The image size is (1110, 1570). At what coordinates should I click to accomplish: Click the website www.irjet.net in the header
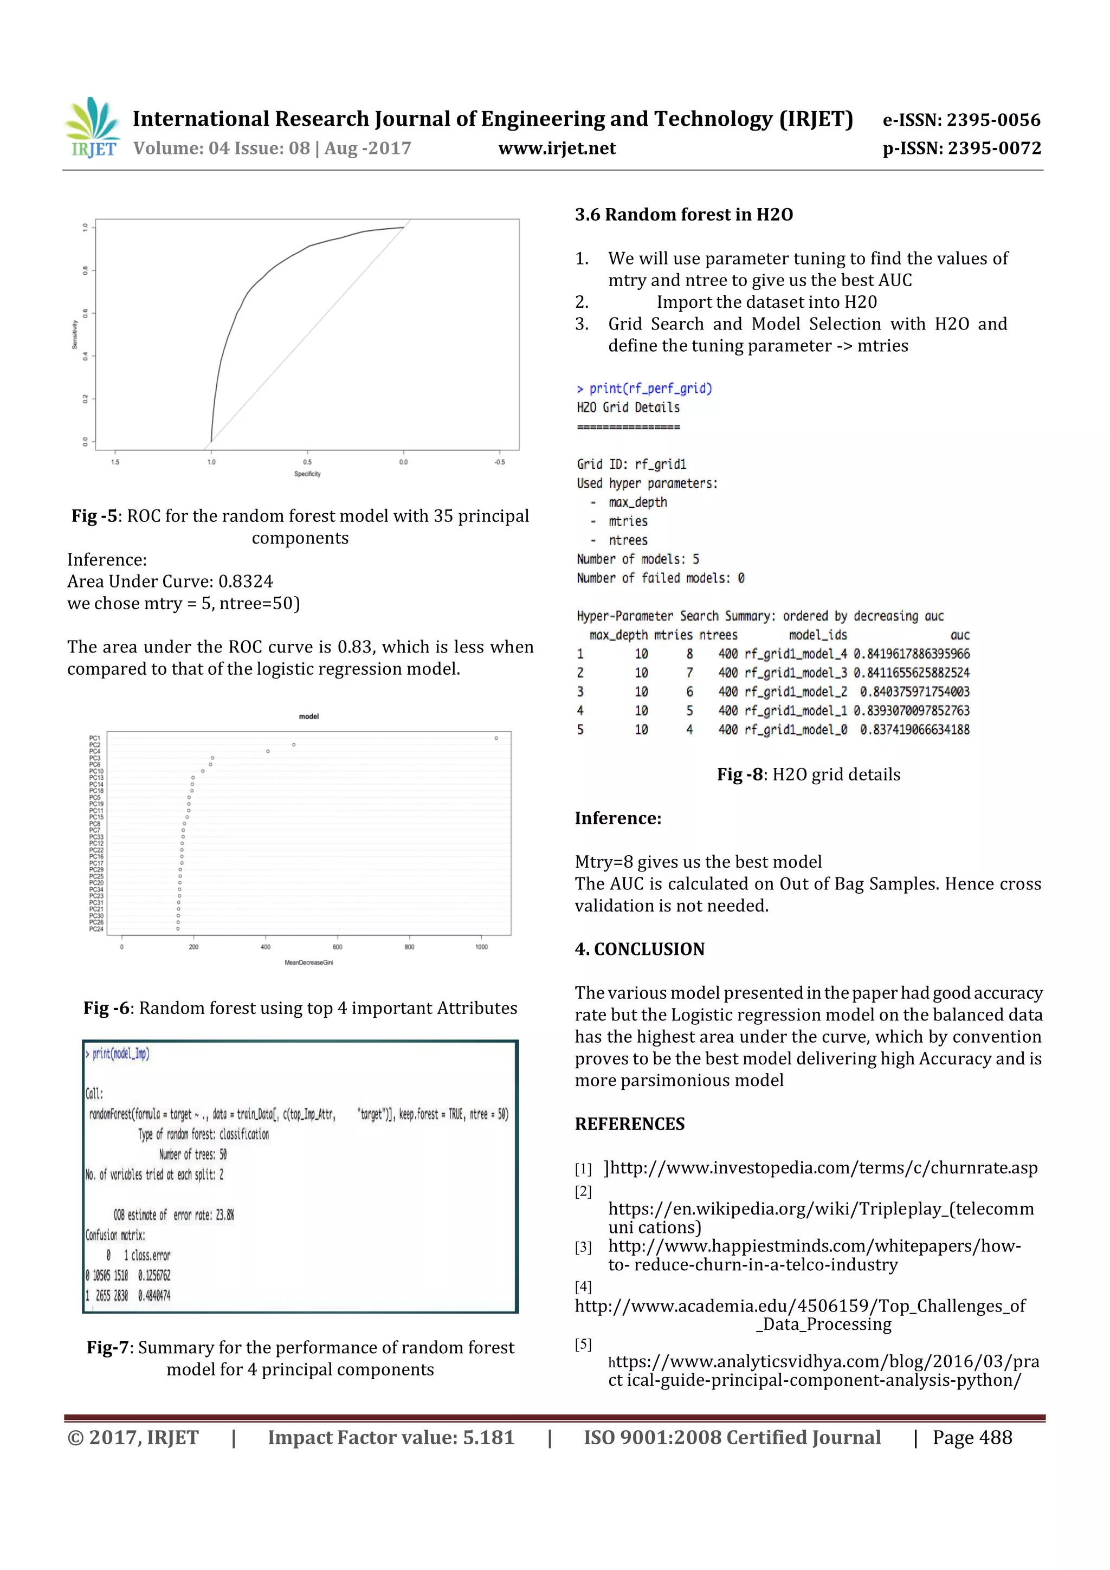coord(557,148)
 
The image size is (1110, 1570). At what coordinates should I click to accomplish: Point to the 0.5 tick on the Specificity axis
coord(307,462)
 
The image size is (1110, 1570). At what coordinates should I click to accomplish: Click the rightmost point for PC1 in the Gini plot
coord(496,738)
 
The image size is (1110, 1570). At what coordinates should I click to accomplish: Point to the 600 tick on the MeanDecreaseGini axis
coord(337,947)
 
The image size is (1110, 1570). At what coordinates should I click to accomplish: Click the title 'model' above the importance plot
coord(308,716)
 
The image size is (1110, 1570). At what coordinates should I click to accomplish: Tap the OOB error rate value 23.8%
coord(225,1215)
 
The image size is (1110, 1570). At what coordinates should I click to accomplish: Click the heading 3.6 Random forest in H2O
coord(683,215)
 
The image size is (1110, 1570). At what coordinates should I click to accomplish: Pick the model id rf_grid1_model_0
coord(796,729)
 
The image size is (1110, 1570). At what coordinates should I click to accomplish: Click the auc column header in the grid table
coord(959,635)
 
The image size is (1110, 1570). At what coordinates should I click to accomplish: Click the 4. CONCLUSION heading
coord(639,949)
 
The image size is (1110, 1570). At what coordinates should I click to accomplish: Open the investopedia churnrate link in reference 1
coord(823,1168)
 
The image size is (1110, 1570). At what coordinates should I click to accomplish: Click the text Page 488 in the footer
coord(972,1437)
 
